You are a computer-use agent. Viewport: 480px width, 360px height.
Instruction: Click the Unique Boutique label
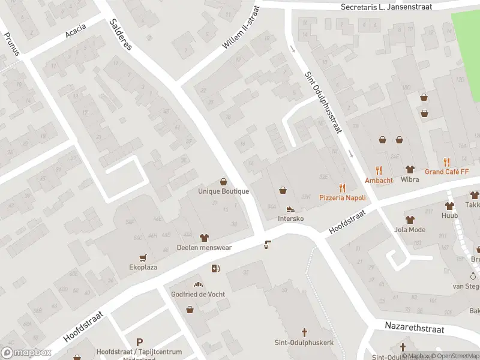(x=223, y=191)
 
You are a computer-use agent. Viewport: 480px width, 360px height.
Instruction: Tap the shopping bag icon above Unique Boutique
(x=224, y=181)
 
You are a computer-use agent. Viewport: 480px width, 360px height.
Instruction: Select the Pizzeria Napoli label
(x=342, y=197)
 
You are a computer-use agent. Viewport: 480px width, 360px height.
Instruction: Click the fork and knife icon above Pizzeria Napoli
(x=342, y=187)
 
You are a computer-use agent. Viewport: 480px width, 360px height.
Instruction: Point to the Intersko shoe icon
(x=290, y=209)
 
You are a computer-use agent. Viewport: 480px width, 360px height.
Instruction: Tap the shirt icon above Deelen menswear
(x=203, y=236)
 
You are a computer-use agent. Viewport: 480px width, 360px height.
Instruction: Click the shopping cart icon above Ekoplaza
(x=143, y=257)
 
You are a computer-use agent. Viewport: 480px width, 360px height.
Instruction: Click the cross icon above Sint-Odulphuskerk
(x=304, y=332)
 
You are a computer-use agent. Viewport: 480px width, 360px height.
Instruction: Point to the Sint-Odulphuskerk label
(x=304, y=343)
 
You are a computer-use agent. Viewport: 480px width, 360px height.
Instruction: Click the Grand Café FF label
(x=446, y=172)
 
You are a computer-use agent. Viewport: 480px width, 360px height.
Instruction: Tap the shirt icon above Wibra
(x=410, y=169)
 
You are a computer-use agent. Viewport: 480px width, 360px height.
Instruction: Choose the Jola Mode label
(x=410, y=229)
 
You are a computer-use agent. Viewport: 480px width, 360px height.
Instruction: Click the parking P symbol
(x=140, y=341)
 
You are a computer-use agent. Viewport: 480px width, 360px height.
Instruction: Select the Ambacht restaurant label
(x=379, y=180)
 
